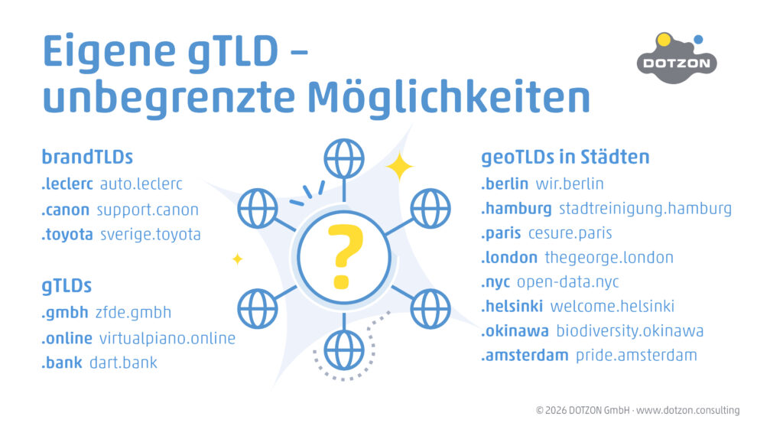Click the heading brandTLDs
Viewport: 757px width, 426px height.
pyautogui.click(x=87, y=158)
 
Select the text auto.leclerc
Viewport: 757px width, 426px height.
pyautogui.click(x=141, y=184)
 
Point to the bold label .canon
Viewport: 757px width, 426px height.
pyautogui.click(x=66, y=210)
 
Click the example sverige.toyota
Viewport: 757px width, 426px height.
pyautogui.click(x=151, y=235)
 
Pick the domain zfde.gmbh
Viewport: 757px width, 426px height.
pyautogui.click(x=133, y=312)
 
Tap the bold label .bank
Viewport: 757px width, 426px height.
pyautogui.click(x=62, y=363)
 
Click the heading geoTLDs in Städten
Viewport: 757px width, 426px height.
pyautogui.click(x=565, y=158)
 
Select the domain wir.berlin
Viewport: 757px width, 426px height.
pyautogui.click(x=570, y=184)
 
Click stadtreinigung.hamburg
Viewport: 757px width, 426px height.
pyautogui.click(x=645, y=208)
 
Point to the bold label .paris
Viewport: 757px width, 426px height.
pyautogui.click(x=501, y=233)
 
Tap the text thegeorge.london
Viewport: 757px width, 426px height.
pyautogui.click(x=609, y=257)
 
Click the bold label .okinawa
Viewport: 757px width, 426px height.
pyautogui.click(x=515, y=330)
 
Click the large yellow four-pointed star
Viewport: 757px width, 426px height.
pyautogui.click(x=399, y=167)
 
